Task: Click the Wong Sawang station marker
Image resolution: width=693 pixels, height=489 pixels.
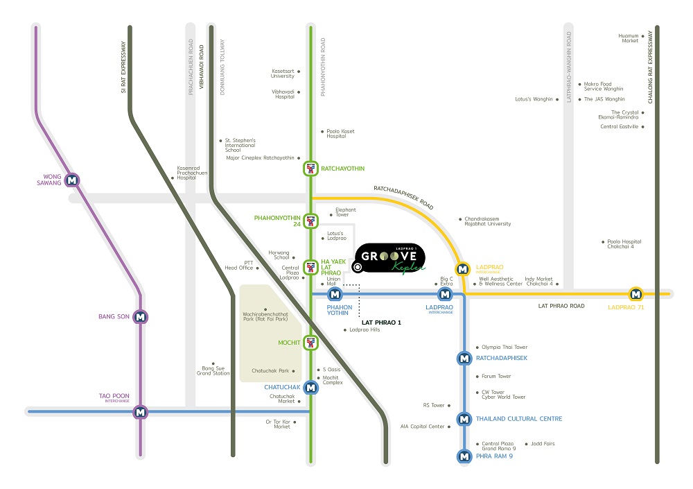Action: (x=73, y=180)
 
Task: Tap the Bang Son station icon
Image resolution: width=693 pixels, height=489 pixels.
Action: (x=141, y=317)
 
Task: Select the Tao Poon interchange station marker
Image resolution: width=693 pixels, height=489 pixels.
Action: (x=141, y=411)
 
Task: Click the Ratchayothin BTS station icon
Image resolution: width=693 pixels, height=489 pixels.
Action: (x=310, y=169)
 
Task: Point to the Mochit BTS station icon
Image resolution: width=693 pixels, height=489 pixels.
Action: (x=310, y=342)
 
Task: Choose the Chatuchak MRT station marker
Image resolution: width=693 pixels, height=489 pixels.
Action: (x=310, y=388)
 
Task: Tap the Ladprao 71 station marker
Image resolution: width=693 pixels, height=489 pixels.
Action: (x=635, y=294)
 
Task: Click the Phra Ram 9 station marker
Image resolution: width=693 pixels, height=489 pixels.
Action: (x=464, y=456)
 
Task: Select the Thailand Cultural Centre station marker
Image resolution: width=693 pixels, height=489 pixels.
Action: (x=464, y=419)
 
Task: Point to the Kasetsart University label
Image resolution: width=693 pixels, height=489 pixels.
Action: (x=283, y=73)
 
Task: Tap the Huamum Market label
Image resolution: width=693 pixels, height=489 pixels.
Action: (x=629, y=38)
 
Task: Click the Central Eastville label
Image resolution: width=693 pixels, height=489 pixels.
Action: (x=619, y=127)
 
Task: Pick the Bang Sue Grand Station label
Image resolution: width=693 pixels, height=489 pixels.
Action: (x=213, y=370)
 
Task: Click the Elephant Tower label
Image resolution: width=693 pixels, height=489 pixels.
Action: (x=345, y=212)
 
